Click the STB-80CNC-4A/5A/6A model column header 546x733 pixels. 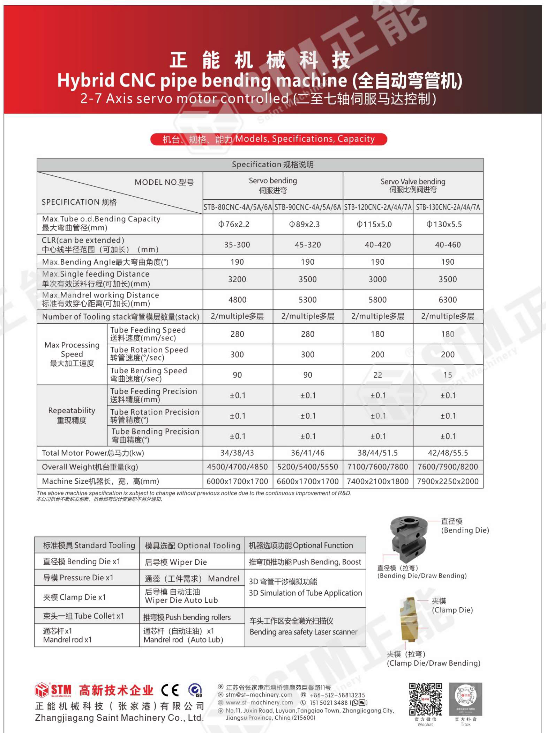point(238,207)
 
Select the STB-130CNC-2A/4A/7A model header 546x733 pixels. point(448,207)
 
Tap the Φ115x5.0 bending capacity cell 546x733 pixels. point(378,224)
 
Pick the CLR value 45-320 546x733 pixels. point(308,245)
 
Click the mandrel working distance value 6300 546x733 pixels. point(448,300)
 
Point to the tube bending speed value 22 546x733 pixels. point(378,375)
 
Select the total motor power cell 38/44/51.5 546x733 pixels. point(378,453)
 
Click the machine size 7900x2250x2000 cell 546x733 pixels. point(448,481)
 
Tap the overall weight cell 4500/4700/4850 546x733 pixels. point(238,467)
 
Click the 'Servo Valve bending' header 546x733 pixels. point(413,185)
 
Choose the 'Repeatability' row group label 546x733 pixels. point(72,415)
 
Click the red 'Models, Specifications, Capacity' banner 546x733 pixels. point(269,139)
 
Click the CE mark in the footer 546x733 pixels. point(170,690)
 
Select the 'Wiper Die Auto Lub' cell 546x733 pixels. point(192,596)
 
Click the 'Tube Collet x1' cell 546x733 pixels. point(87,616)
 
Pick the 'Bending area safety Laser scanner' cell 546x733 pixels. point(305,627)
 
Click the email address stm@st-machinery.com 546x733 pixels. point(259,695)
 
